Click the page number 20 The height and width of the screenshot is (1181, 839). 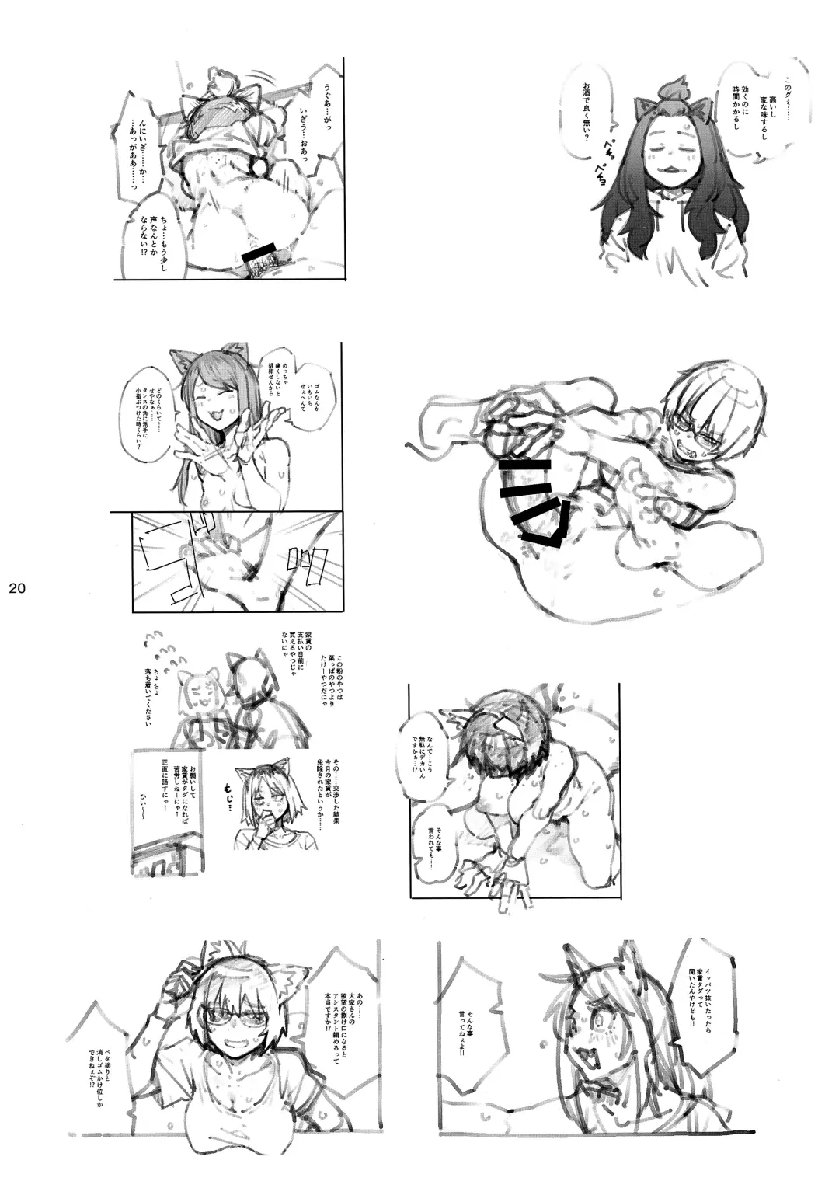[x=18, y=588]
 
